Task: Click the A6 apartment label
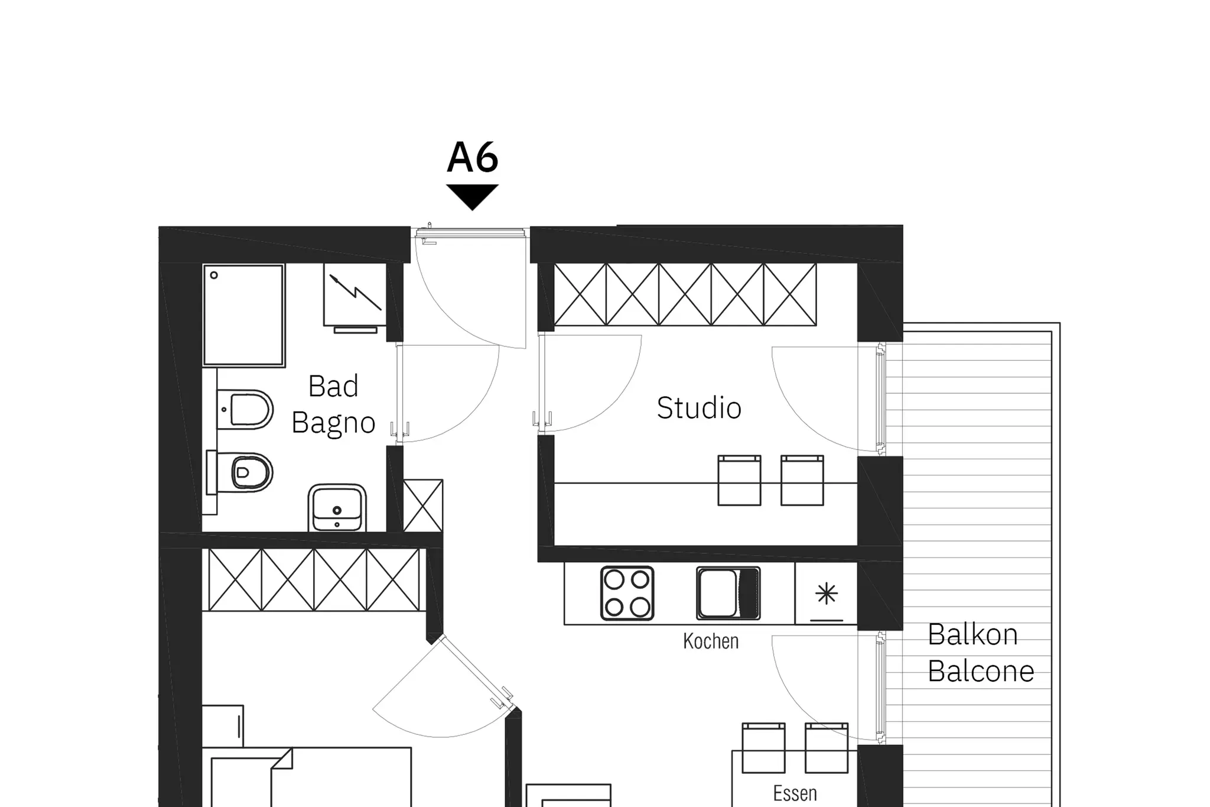[473, 157]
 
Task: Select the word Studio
[699, 408]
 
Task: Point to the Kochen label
[711, 641]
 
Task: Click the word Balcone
[981, 671]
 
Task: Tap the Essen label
[795, 793]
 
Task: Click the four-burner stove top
[627, 593]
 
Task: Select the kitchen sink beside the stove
[728, 593]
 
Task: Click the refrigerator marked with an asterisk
[826, 593]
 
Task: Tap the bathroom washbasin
[337, 508]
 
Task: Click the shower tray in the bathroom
[244, 315]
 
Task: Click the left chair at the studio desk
[739, 480]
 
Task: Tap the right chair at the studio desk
[802, 480]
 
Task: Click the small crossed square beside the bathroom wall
[423, 505]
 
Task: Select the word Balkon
[972, 635]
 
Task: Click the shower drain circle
[214, 275]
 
